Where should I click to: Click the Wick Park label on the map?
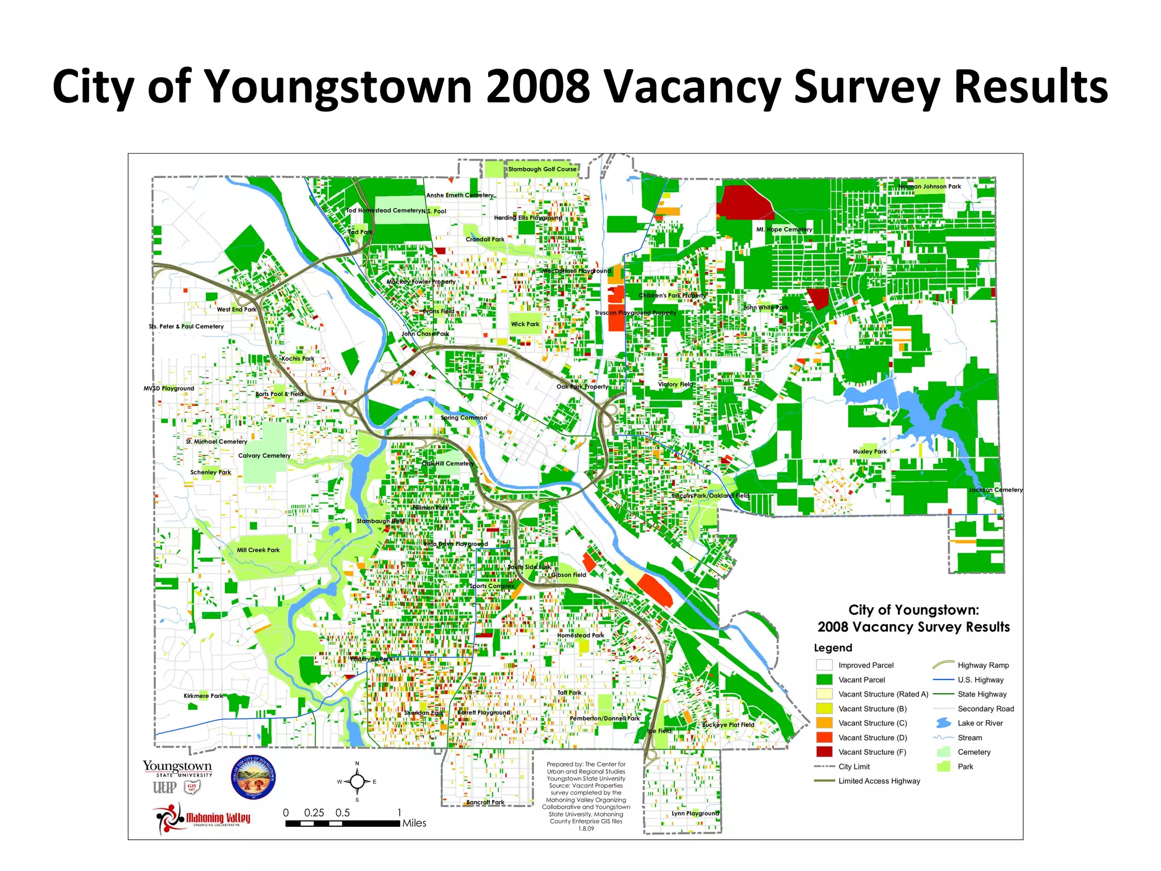tap(525, 324)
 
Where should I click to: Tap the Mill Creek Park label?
tap(258, 550)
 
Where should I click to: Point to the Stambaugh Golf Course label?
tap(542, 169)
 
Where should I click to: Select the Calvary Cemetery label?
tap(264, 456)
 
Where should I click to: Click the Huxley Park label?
tap(870, 452)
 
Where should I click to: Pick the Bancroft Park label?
tap(485, 802)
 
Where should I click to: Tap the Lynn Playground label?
tap(695, 813)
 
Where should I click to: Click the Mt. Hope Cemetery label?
tap(784, 230)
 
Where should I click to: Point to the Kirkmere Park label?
tap(203, 696)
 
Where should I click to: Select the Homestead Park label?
tap(580, 636)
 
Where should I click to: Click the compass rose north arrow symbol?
tap(357, 781)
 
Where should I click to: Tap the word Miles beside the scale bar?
tap(414, 823)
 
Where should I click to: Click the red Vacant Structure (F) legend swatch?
tap(824, 752)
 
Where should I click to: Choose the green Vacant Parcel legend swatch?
tap(824, 679)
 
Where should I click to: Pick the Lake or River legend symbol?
tap(943, 723)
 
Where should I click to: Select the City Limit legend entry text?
tap(854, 767)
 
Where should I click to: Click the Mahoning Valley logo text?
tap(218, 818)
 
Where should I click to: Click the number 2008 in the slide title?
tap(537, 87)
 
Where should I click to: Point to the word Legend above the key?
tap(833, 648)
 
